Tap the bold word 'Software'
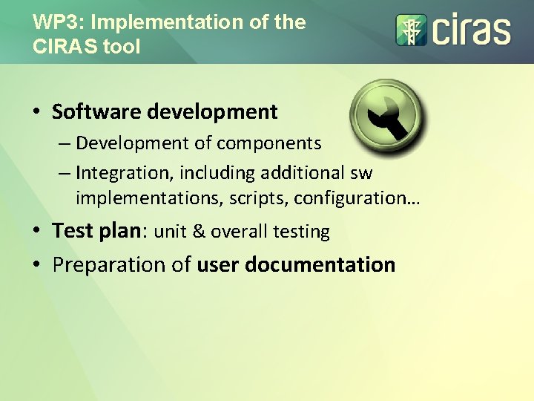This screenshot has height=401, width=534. click(96, 112)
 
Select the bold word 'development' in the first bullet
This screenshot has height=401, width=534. click(212, 112)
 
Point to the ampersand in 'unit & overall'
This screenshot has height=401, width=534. click(199, 232)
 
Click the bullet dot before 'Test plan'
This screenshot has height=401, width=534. click(36, 232)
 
